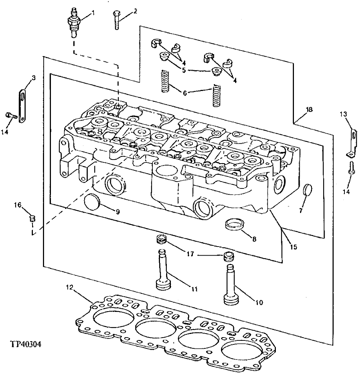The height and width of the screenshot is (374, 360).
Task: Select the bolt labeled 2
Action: tap(116, 19)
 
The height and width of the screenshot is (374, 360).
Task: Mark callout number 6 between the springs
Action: tap(185, 92)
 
